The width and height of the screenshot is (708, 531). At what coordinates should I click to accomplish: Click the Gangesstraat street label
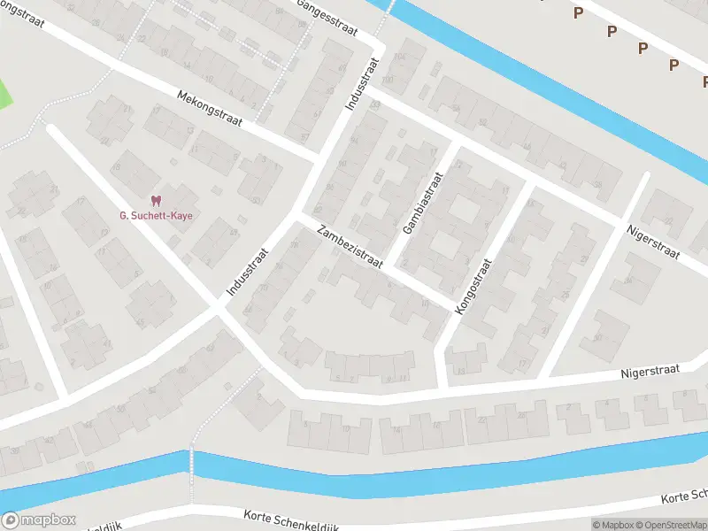327,17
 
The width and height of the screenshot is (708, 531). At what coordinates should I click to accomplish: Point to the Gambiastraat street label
421,203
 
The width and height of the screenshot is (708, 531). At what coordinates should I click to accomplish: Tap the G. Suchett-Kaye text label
157,215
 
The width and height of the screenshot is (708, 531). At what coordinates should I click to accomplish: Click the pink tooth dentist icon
157,201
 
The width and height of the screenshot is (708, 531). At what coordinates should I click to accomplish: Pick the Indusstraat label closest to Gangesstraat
361,84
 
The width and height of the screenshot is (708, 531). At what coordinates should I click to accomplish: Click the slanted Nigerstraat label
652,241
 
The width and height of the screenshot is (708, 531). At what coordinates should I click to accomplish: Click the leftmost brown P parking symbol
578,12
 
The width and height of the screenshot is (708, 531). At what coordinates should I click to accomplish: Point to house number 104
399,57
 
